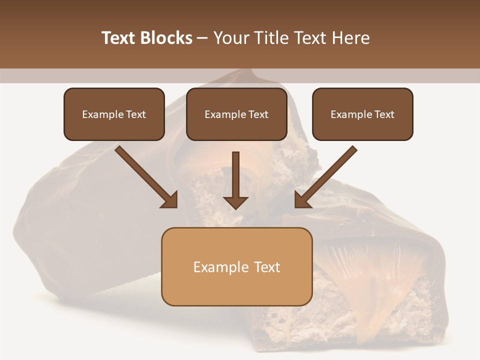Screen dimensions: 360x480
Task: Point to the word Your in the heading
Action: point(232,38)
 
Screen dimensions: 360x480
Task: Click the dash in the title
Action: point(202,38)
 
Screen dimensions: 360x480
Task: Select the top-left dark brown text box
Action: point(114,114)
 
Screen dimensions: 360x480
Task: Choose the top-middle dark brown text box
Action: point(236,114)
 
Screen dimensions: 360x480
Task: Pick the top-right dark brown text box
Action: point(362,114)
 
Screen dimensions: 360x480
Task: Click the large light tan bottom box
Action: point(236,266)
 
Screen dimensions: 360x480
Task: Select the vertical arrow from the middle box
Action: point(235,177)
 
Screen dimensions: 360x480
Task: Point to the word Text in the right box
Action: point(384,114)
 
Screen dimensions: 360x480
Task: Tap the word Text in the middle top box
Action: point(258,114)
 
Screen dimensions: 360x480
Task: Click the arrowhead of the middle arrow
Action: point(235,202)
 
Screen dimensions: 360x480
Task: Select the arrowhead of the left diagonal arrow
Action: point(170,199)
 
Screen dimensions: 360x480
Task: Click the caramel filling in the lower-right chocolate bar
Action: point(380,280)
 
